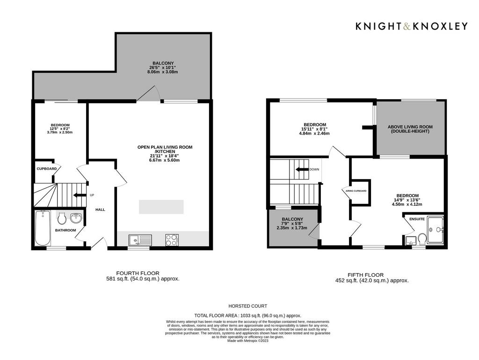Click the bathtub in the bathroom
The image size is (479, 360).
tap(43, 228)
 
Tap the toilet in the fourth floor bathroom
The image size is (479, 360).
tap(62, 218)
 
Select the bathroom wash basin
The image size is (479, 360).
tap(76, 218)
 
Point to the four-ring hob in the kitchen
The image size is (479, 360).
tap(172, 240)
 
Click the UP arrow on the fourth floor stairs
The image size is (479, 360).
tap(80, 195)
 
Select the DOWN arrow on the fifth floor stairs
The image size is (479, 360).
tap(302, 169)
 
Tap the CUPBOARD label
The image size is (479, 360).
tap(47, 169)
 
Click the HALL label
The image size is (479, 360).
tap(100, 209)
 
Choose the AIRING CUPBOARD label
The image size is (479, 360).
tap(356, 191)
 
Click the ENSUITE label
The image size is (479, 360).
tap(417, 219)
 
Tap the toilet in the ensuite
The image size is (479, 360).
tap(422, 239)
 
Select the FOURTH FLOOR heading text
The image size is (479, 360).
tap(138, 273)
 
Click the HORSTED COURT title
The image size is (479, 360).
tap(248, 306)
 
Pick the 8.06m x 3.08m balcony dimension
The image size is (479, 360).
tap(162, 72)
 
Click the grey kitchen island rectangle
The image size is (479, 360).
tap(161, 207)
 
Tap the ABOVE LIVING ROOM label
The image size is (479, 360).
tap(410, 127)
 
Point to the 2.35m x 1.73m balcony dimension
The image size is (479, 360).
tap(292, 228)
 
